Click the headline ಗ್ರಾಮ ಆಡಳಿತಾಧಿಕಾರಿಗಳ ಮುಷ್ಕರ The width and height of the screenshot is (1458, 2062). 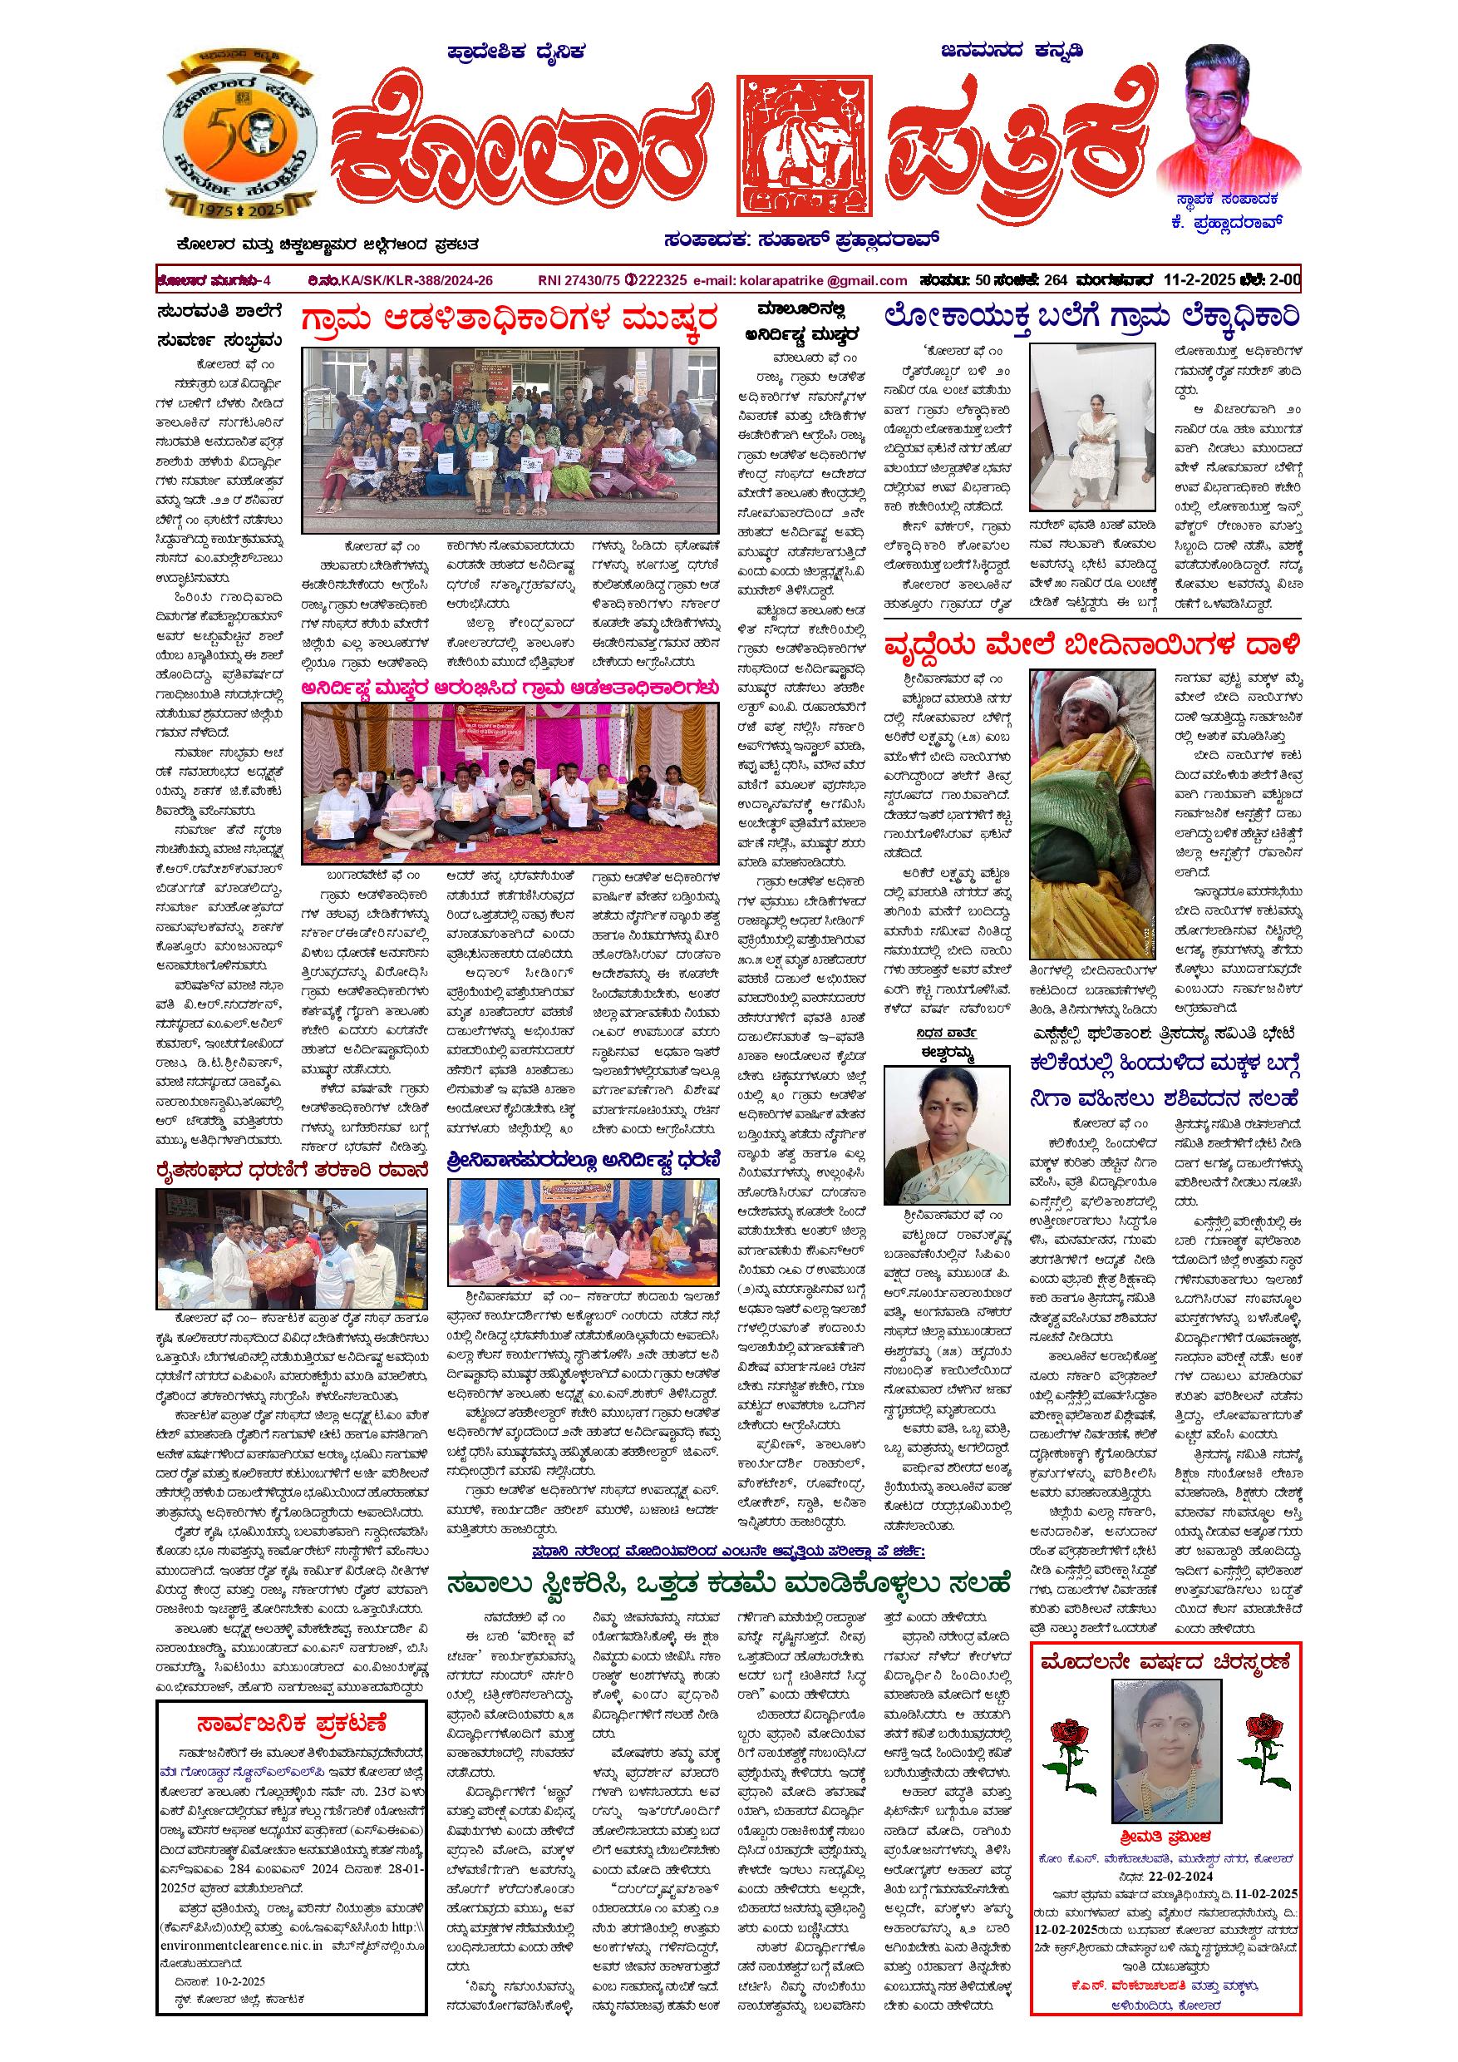[509, 321]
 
